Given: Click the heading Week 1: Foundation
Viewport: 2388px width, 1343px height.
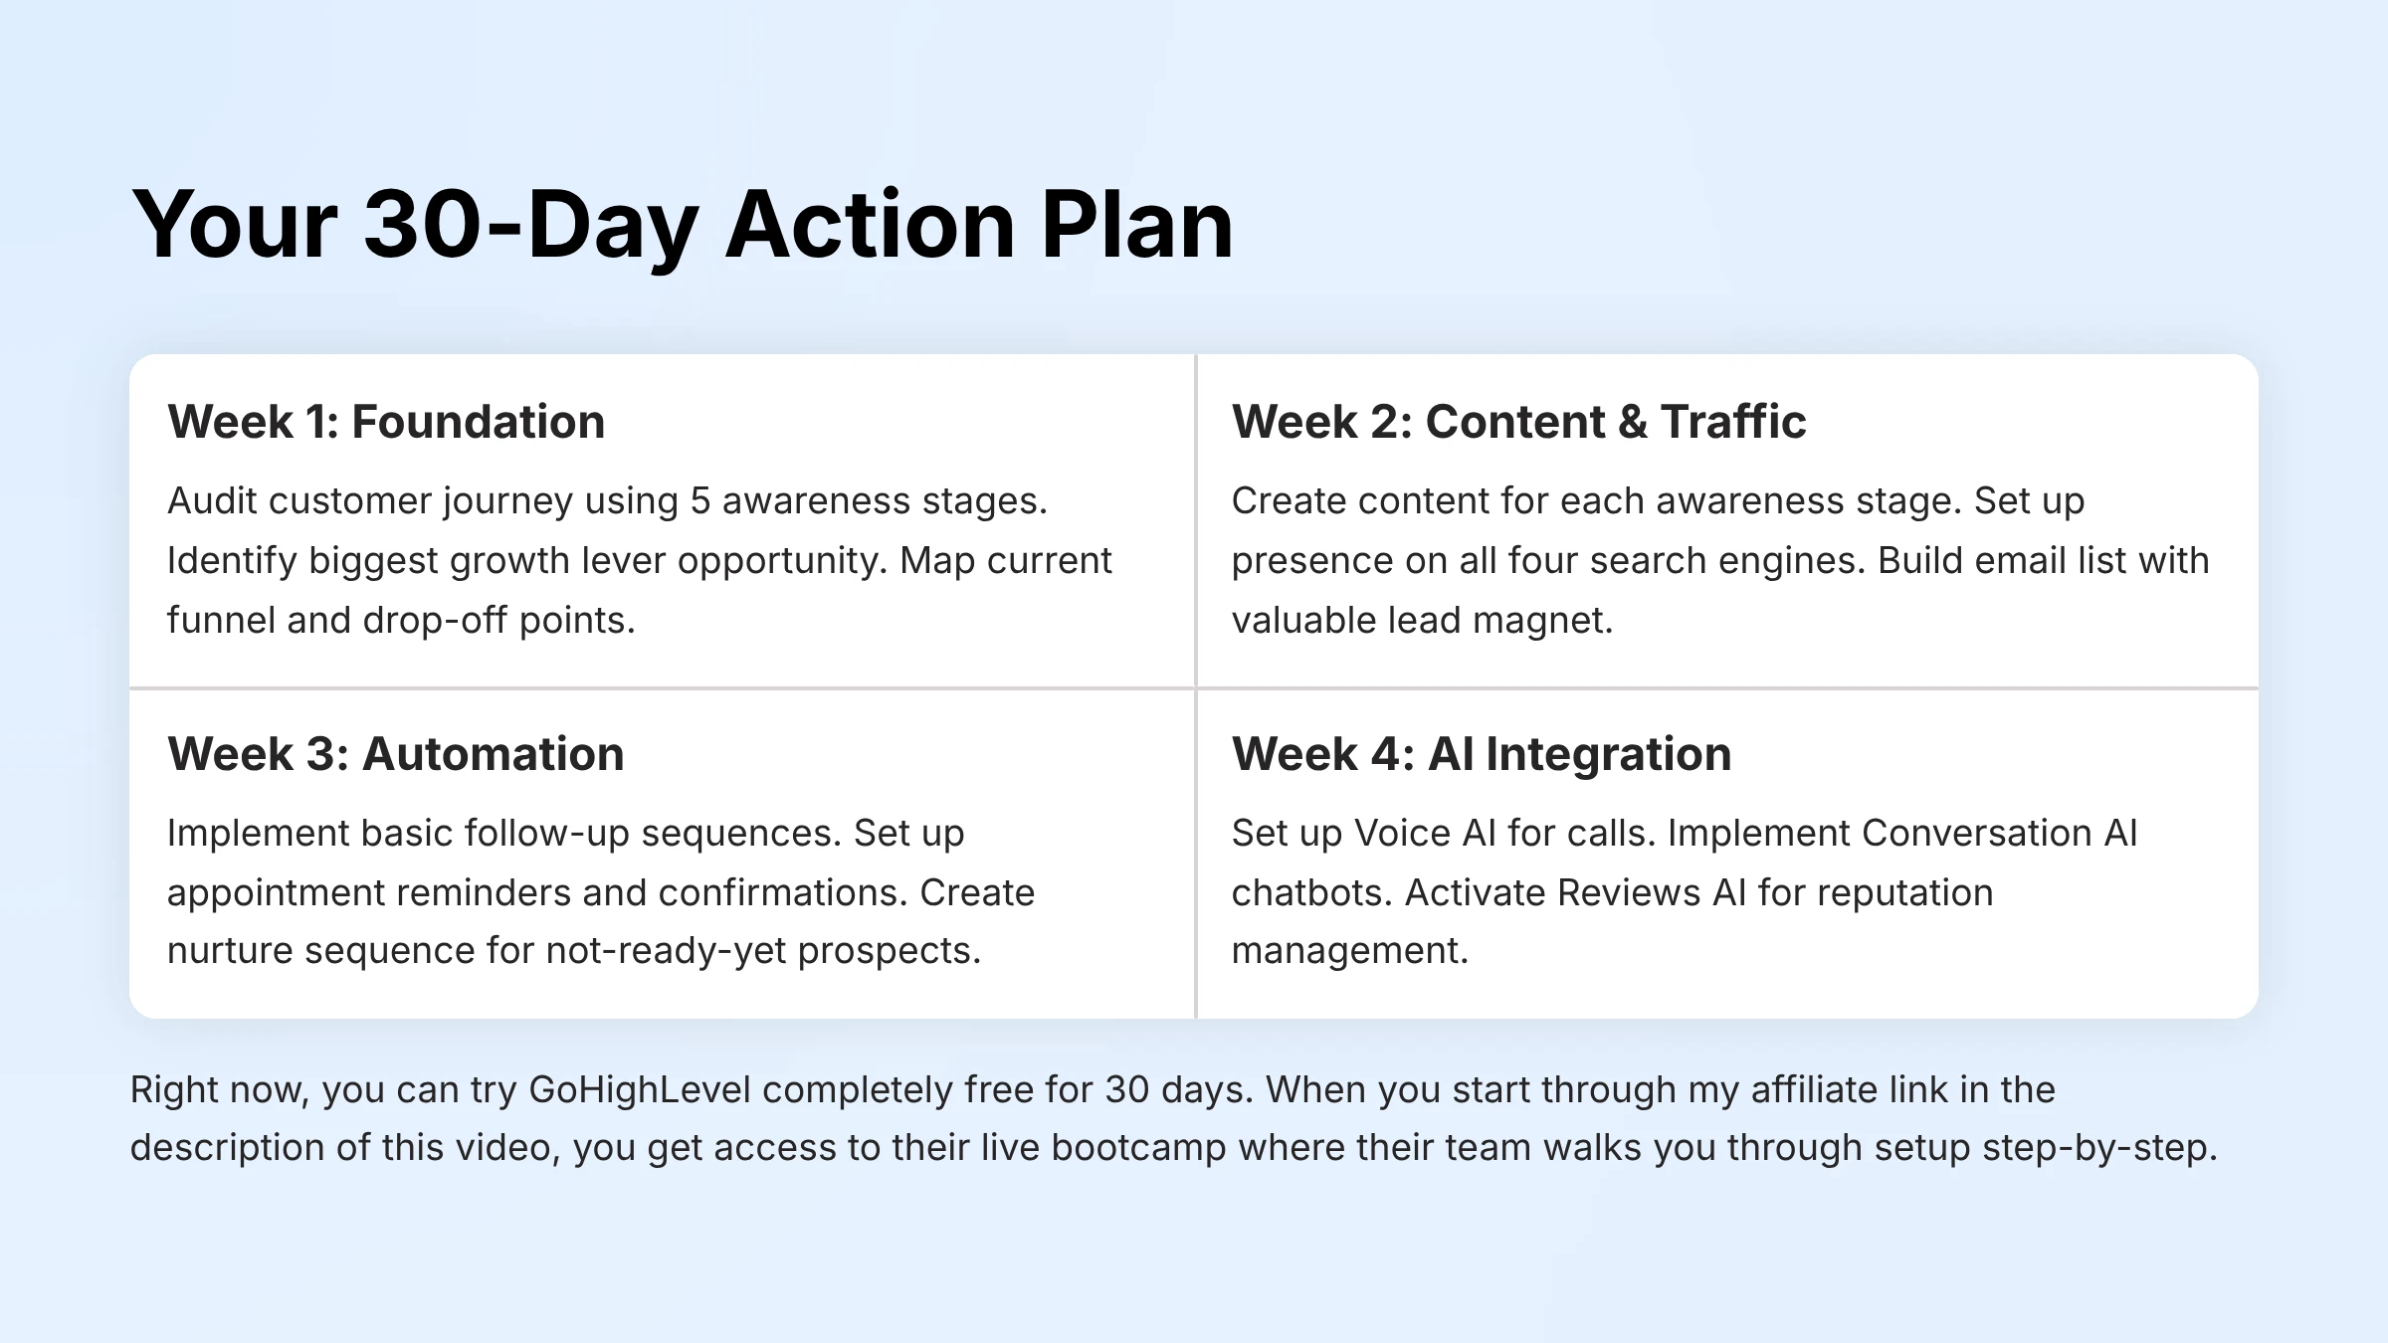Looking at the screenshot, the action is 386,422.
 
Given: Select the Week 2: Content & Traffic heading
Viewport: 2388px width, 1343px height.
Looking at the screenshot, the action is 1518,422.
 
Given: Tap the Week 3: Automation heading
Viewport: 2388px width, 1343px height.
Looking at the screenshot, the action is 396,754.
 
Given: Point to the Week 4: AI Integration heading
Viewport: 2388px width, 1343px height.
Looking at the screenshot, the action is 1482,754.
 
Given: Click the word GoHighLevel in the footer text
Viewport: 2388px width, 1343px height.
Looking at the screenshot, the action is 640,1090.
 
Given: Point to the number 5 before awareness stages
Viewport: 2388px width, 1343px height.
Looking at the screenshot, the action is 700,501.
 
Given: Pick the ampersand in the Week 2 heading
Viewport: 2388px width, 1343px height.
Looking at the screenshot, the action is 1633,422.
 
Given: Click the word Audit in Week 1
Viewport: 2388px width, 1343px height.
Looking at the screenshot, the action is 212,501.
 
